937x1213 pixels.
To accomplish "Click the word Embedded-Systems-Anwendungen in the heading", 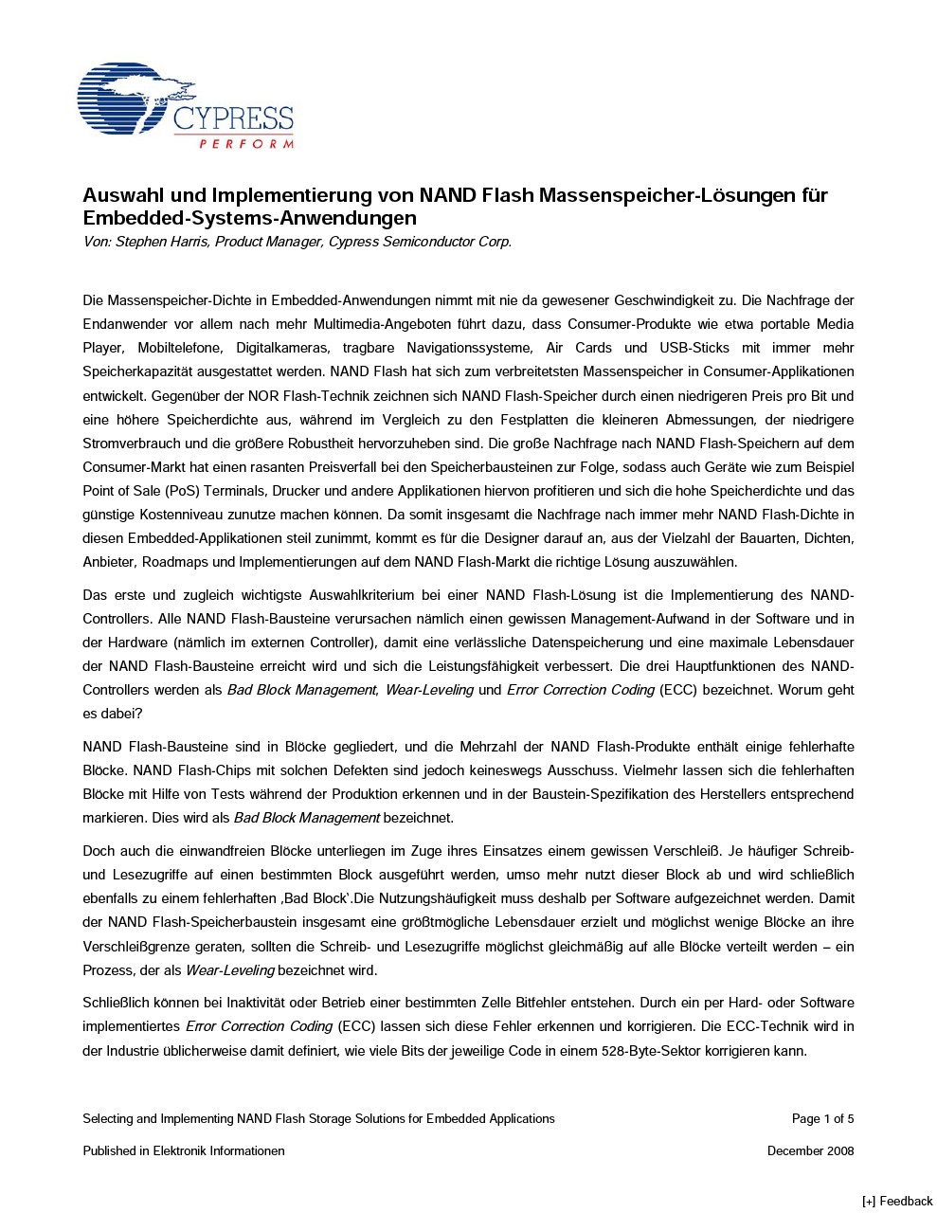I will [249, 218].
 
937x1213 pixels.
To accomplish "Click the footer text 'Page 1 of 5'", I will [822, 1118].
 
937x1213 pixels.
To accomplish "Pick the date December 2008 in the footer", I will [810, 1150].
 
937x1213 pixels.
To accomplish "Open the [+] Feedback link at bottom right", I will [897, 1202].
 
